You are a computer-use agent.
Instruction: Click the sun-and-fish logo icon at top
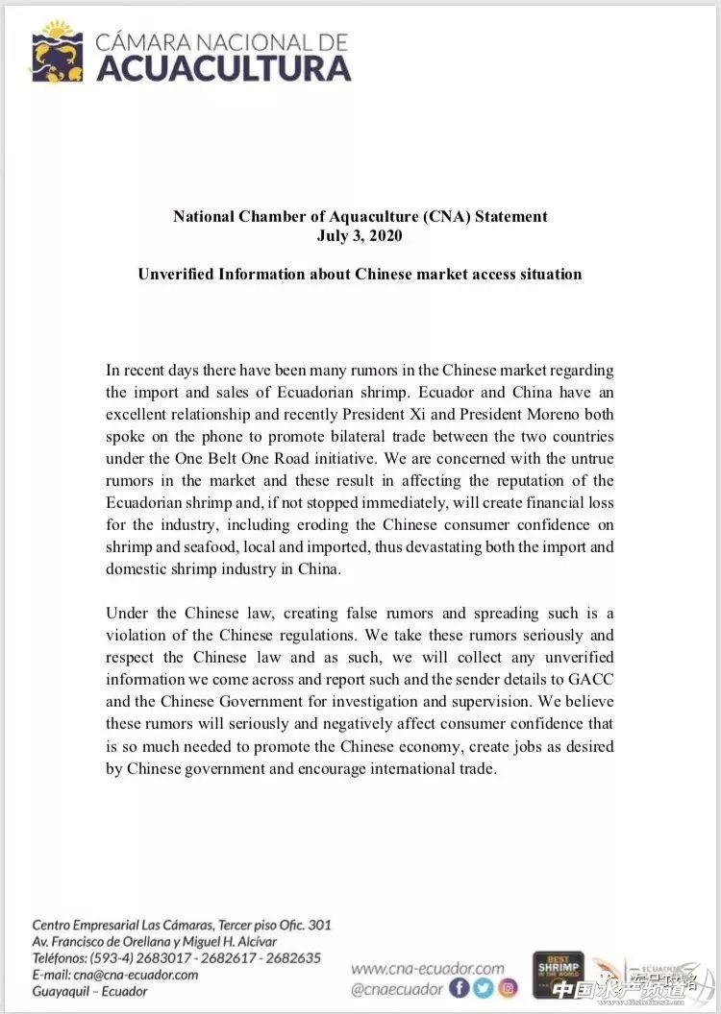(57, 52)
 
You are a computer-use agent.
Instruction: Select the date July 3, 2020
(360, 235)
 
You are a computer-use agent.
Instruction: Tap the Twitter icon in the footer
(484, 987)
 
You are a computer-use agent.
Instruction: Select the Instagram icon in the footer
(508, 987)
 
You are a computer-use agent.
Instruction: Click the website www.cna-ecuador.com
(427, 968)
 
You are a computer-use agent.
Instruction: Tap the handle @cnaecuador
(397, 988)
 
